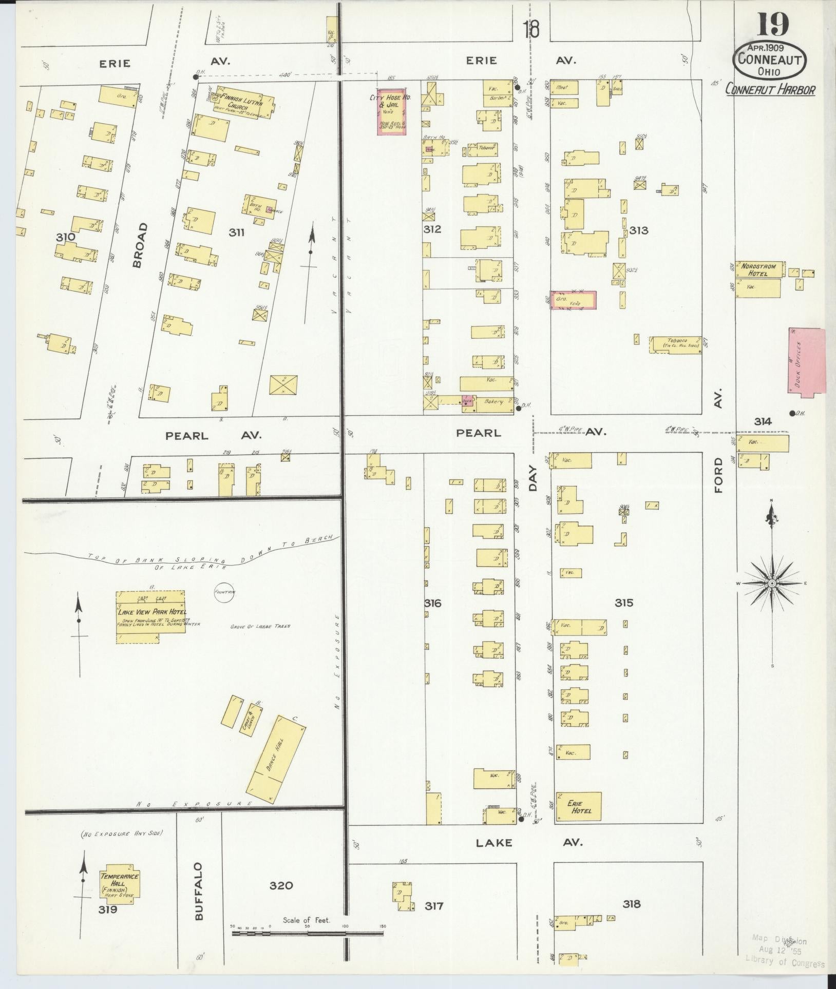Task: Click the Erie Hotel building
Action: click(x=578, y=807)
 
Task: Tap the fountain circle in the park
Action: click(x=224, y=592)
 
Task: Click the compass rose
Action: click(x=771, y=584)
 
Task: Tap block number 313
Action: click(x=638, y=230)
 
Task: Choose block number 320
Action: click(x=281, y=885)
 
